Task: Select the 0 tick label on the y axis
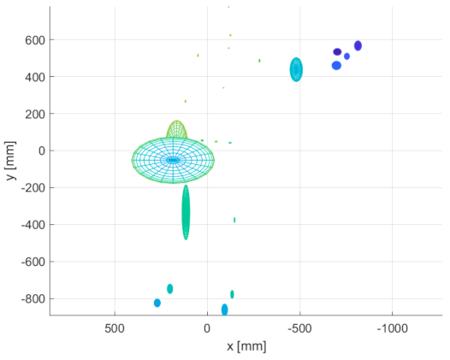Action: tap(39, 150)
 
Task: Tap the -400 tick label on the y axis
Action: tap(31, 225)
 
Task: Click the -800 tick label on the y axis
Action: tap(31, 298)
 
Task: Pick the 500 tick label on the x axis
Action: tap(115, 328)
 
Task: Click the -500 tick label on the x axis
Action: tap(299, 328)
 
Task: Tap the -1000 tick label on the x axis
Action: tap(391, 328)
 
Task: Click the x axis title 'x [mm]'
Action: tap(246, 346)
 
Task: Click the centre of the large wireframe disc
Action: tap(173, 160)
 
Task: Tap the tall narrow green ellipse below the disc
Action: tap(186, 212)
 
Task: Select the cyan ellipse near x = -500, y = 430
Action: tap(296, 69)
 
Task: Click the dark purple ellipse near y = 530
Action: tap(337, 52)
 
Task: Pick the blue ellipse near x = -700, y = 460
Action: tap(336, 66)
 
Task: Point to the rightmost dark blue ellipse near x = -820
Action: tap(358, 45)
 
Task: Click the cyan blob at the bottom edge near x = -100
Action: tap(224, 310)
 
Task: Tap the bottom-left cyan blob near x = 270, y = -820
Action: tap(157, 303)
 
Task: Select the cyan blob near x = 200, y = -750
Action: tap(169, 289)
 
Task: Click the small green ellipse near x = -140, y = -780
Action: tap(232, 294)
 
